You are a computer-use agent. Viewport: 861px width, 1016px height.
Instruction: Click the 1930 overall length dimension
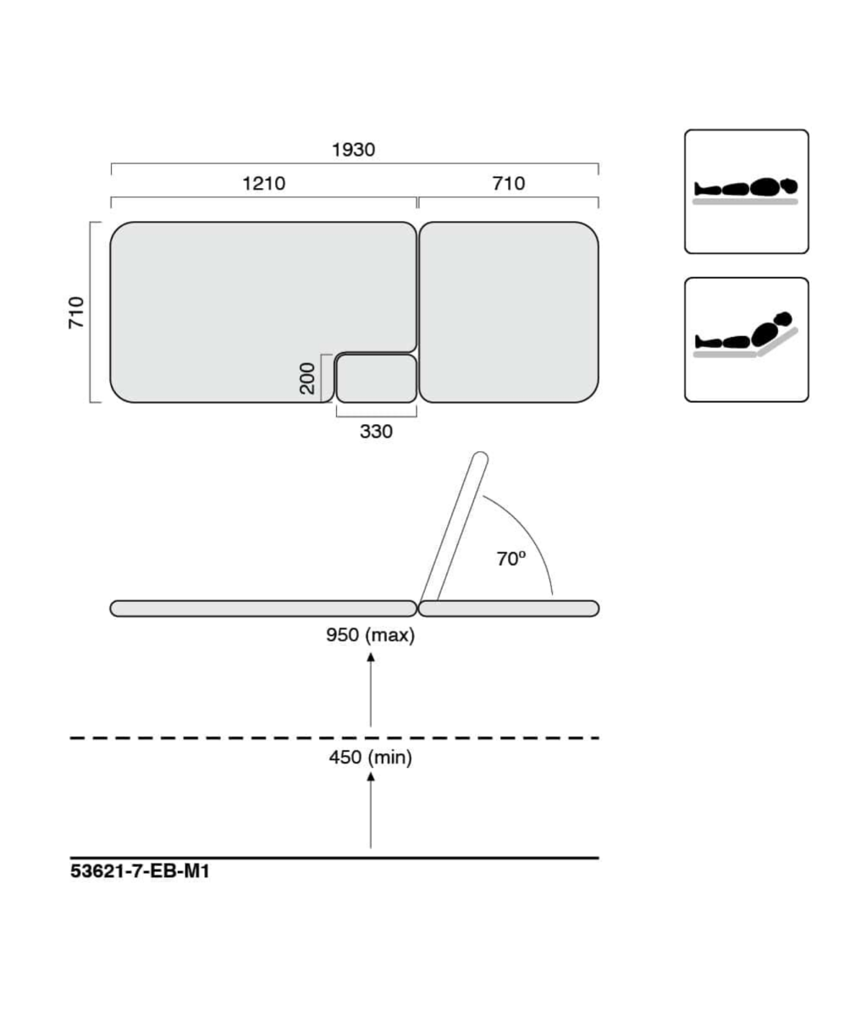click(353, 149)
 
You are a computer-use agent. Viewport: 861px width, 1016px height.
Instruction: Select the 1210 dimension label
click(264, 184)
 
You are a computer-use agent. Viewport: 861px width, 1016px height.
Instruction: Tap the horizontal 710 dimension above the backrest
click(509, 184)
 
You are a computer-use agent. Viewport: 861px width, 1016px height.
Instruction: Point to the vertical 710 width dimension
click(77, 312)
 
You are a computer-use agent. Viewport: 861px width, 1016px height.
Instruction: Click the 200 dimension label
click(307, 378)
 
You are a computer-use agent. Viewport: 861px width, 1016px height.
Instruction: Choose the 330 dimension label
click(376, 432)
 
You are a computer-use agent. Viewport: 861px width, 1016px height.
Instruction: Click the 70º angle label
click(511, 559)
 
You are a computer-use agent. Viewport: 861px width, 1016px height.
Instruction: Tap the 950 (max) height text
click(371, 635)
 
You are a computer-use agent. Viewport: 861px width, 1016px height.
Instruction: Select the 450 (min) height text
click(371, 758)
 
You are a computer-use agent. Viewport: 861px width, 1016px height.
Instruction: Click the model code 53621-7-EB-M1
click(140, 871)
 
